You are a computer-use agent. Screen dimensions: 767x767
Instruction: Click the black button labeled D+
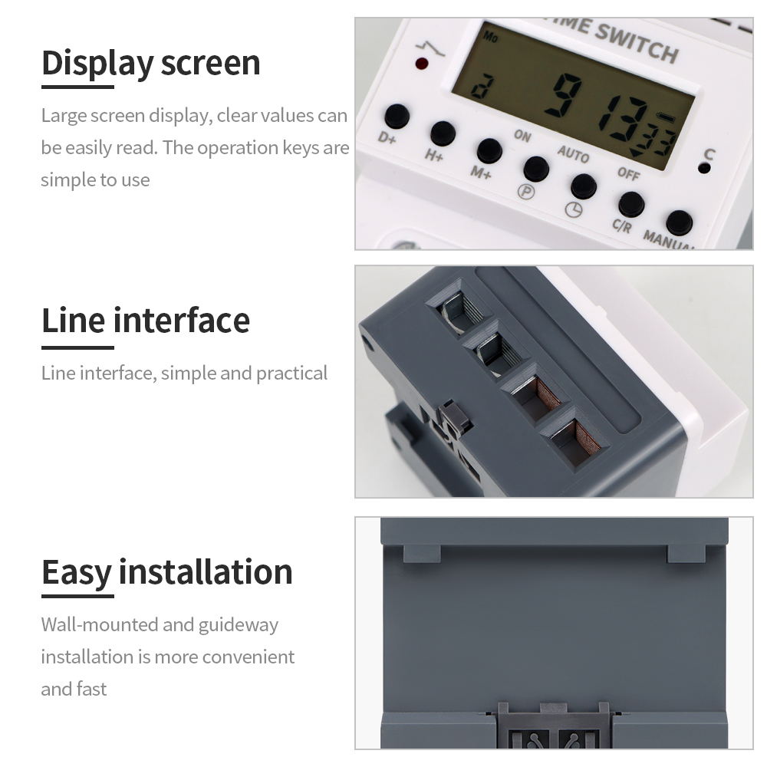tap(397, 117)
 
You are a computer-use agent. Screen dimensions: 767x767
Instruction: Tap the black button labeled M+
tap(489, 150)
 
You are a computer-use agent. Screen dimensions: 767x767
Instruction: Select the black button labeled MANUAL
tap(679, 222)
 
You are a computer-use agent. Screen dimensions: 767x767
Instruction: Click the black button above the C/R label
tap(631, 204)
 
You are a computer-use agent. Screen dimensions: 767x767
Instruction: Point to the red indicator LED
tap(422, 64)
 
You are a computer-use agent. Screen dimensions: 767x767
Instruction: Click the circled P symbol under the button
tap(526, 192)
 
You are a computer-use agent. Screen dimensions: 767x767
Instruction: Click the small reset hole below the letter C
tap(705, 168)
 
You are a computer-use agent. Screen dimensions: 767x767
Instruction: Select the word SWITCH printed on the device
tap(637, 43)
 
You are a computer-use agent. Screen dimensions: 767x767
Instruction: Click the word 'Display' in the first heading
tap(97, 63)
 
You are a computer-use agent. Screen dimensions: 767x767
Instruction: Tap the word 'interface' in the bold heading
tap(181, 321)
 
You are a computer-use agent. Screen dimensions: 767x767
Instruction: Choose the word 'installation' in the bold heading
tap(205, 572)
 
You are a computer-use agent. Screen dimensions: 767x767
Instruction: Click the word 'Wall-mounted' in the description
tap(100, 624)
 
